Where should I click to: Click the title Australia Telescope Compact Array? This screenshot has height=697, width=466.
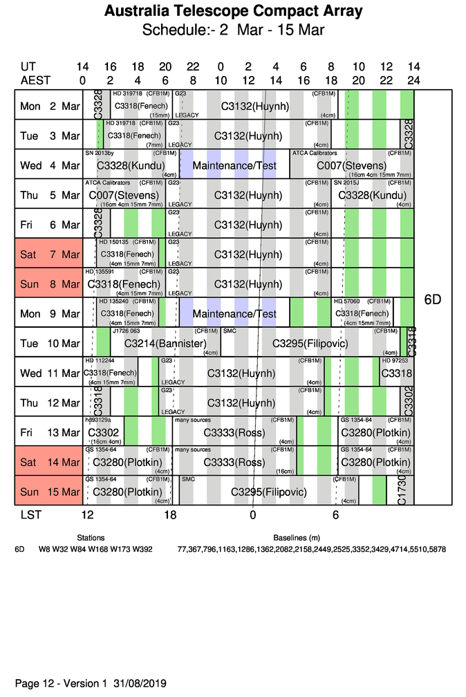233,12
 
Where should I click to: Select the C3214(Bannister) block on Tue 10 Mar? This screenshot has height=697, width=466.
166,343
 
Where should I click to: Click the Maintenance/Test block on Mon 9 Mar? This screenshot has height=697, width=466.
234,313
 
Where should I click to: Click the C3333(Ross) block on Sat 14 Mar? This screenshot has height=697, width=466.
234,462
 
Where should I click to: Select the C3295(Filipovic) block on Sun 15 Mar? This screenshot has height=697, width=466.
268,492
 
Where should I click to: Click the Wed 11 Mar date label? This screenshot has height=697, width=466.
49,373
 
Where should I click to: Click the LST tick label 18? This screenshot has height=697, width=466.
170,515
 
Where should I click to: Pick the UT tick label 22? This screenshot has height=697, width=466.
193,67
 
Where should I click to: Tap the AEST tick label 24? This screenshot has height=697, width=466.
413,80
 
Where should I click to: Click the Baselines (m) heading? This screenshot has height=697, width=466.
297,537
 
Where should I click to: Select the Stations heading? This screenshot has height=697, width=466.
91,537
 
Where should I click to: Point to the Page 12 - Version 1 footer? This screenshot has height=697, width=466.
91,683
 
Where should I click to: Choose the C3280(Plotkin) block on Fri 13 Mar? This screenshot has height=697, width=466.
375,433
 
